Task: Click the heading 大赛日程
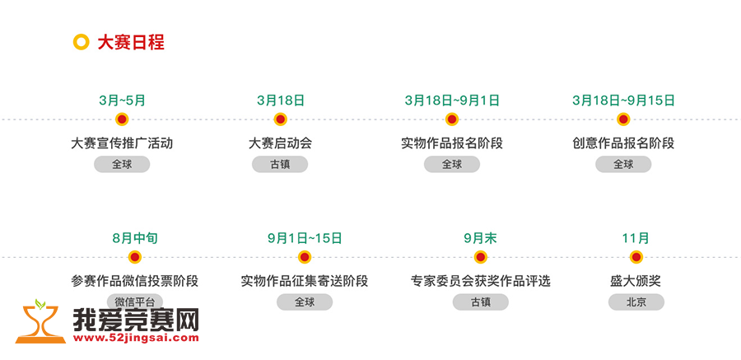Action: (131, 43)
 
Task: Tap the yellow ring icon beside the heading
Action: (82, 42)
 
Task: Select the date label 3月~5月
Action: (123, 101)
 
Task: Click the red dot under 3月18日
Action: (281, 119)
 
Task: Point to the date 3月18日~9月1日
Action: (452, 101)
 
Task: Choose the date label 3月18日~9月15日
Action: (623, 101)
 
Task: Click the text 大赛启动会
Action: (280, 143)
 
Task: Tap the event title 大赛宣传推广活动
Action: (122, 143)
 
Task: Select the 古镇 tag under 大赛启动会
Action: (280, 164)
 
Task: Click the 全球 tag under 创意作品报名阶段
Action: (623, 164)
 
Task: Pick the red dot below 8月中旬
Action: (135, 257)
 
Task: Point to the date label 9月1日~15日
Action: (305, 238)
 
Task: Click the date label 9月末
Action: (481, 238)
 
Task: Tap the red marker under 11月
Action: (636, 257)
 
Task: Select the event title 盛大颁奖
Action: (636, 281)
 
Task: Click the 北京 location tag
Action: (636, 302)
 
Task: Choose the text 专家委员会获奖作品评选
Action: (481, 281)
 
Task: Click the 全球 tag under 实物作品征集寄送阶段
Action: (305, 302)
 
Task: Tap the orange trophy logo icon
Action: (40, 321)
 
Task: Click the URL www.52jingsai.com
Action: (136, 338)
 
